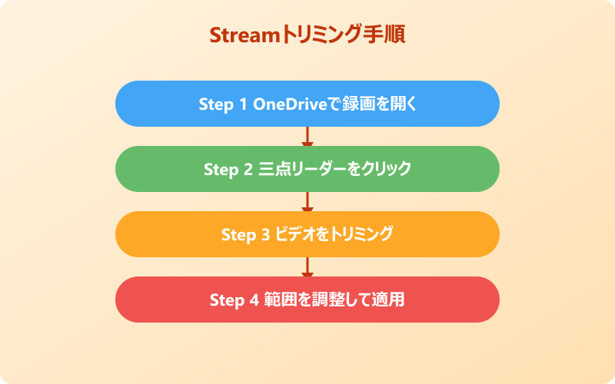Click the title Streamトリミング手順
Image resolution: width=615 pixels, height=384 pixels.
coord(307,36)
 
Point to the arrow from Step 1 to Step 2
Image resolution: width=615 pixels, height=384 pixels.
coord(307,137)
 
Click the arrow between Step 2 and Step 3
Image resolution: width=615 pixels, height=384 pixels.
coord(307,202)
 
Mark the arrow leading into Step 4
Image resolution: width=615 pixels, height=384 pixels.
coord(307,267)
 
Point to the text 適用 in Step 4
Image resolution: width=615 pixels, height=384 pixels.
coord(391,300)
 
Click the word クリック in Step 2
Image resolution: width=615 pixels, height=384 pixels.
coord(386,169)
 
